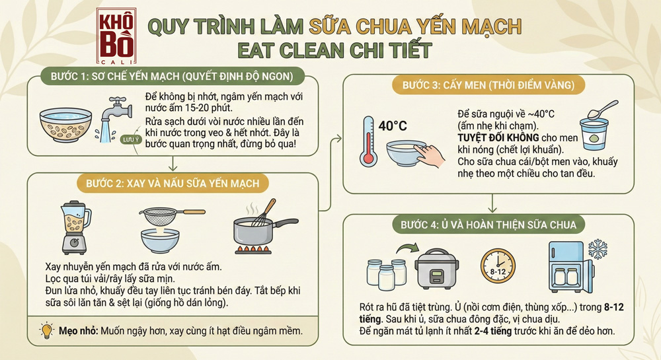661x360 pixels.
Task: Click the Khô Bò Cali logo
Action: click(116, 34)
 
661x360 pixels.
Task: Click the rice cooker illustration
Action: click(436, 268)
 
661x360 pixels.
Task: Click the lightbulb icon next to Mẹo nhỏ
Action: click(46, 330)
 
